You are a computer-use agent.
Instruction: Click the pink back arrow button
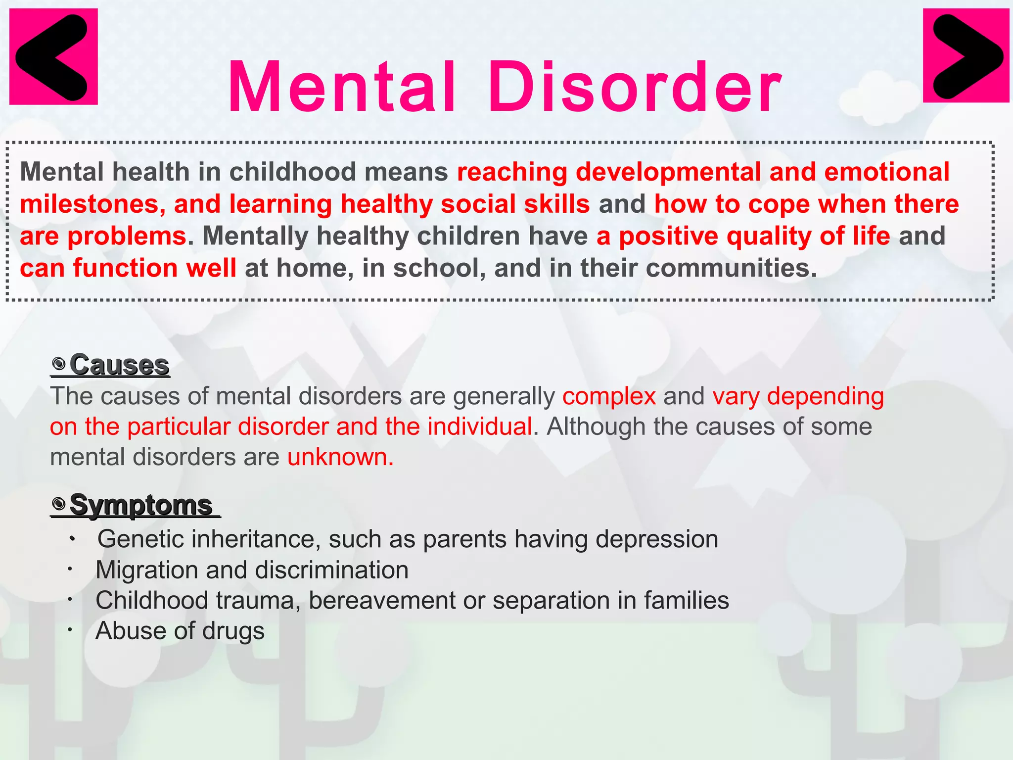click(x=53, y=56)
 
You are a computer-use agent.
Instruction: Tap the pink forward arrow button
click(x=966, y=55)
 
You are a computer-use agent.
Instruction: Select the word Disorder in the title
click(x=635, y=88)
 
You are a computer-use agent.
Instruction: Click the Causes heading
click(x=119, y=365)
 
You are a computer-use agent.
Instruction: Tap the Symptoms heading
click(x=141, y=505)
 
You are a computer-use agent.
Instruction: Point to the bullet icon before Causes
click(x=59, y=365)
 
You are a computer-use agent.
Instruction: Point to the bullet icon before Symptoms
click(x=59, y=505)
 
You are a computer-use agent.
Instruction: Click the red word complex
click(x=609, y=397)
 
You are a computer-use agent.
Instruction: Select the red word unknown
click(x=340, y=457)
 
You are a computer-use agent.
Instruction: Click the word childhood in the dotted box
click(x=292, y=172)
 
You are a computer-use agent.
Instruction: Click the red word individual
click(x=480, y=427)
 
